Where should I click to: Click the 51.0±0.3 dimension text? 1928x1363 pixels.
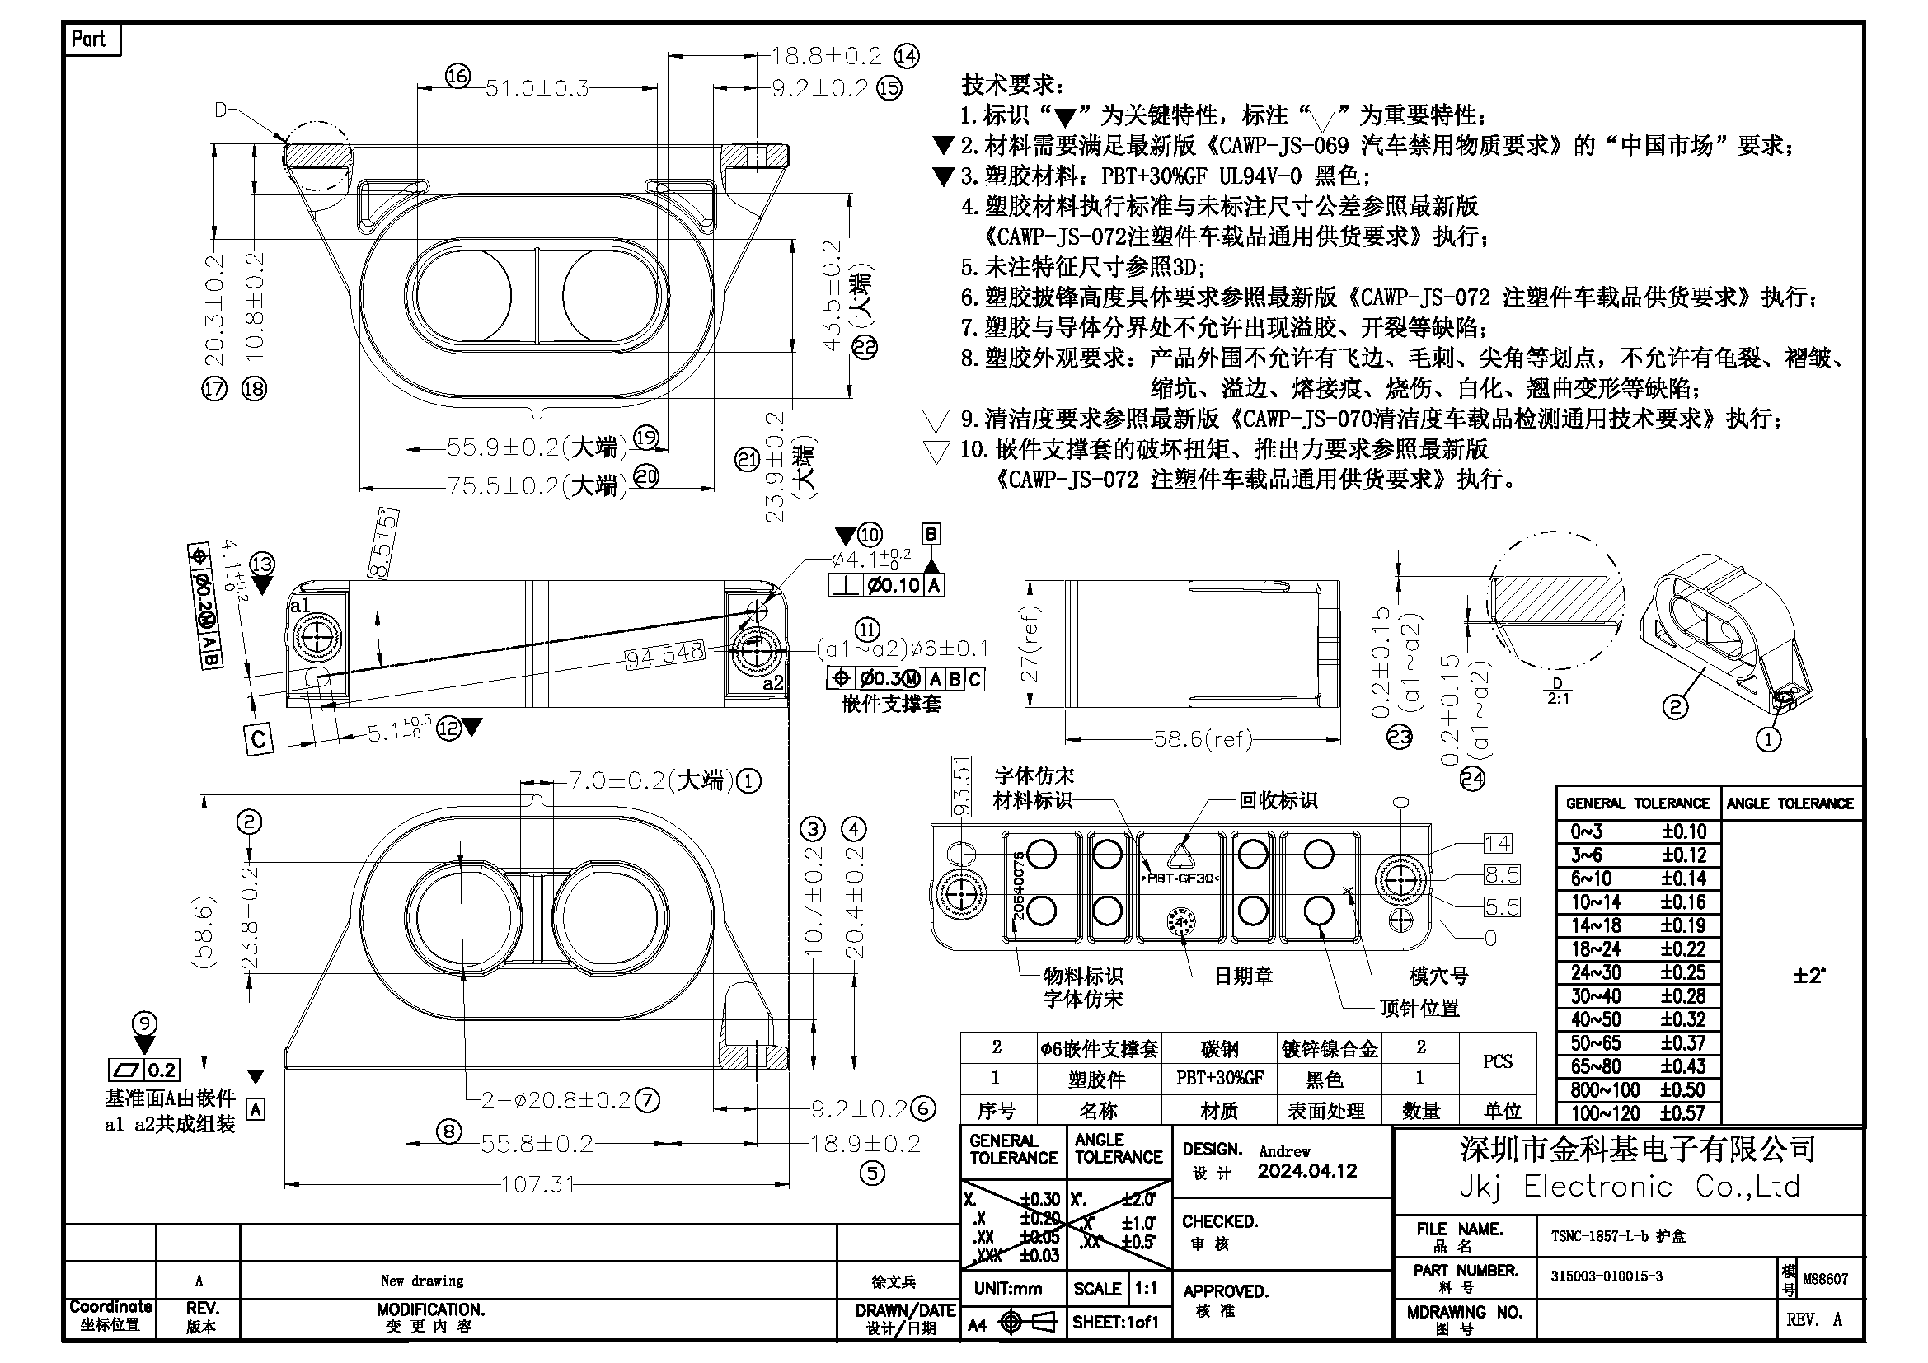(x=537, y=88)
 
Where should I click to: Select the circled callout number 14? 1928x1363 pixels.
(x=906, y=56)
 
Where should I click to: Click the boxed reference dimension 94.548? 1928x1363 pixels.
(x=664, y=654)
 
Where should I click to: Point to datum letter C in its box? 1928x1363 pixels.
(x=259, y=738)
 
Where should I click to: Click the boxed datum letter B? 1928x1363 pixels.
(x=931, y=534)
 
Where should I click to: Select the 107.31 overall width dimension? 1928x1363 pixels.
(x=538, y=1184)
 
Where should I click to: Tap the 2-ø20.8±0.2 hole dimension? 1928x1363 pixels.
(x=556, y=1099)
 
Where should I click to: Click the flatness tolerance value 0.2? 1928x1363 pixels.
(x=162, y=1070)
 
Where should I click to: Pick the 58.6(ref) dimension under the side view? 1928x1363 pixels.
(x=1203, y=739)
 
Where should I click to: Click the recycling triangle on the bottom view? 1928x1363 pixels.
(x=1180, y=856)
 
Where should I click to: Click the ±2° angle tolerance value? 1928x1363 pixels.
(x=1809, y=976)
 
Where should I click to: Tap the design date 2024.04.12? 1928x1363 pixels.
(x=1306, y=1172)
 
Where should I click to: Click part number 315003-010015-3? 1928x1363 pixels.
(x=1607, y=1276)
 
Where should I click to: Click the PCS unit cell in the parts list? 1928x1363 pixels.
(x=1497, y=1061)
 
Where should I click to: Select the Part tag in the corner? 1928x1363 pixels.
(x=89, y=40)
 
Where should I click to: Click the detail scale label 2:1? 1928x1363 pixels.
(x=1558, y=698)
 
